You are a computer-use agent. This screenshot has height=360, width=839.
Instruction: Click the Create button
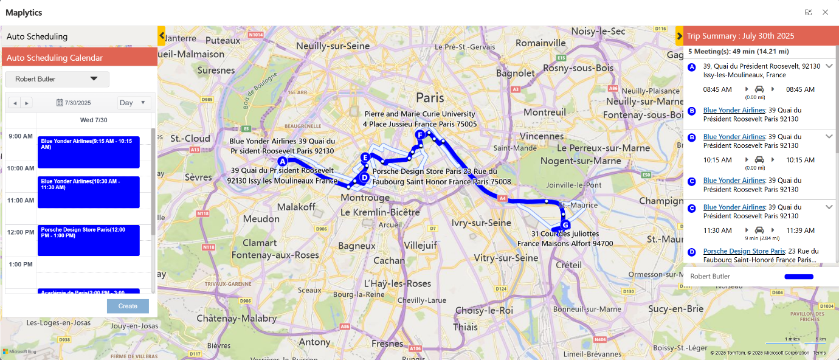(x=128, y=306)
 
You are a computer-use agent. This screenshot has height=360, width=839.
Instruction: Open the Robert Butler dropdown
(x=57, y=79)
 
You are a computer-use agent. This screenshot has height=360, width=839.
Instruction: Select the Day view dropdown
(x=133, y=103)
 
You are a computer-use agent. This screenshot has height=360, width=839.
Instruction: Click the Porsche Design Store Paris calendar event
(x=88, y=240)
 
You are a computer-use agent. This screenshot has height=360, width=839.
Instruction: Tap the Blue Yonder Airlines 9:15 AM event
(x=88, y=152)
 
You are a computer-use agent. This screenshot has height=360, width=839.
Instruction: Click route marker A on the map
(x=282, y=162)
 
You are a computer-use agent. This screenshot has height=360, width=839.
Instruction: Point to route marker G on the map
(x=565, y=225)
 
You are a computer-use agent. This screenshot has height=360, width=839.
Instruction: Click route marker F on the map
(x=419, y=135)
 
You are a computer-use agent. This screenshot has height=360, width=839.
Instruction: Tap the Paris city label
(x=430, y=97)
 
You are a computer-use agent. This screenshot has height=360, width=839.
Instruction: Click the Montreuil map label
(x=545, y=112)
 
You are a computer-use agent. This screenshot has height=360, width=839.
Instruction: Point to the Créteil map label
(x=569, y=265)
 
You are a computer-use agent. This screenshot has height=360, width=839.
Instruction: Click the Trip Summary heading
(x=740, y=36)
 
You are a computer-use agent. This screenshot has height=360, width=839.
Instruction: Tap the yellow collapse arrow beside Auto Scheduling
(x=161, y=36)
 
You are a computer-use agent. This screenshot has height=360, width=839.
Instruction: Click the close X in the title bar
(x=825, y=12)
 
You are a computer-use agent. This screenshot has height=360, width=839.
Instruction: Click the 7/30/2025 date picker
(x=74, y=103)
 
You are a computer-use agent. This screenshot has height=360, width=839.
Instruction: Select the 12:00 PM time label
(x=21, y=232)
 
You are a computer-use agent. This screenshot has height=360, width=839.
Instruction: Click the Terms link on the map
(x=820, y=353)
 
